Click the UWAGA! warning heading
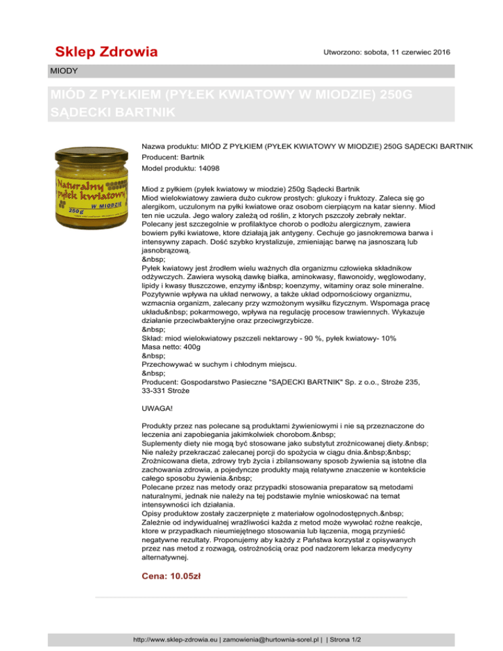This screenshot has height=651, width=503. coord(159,407)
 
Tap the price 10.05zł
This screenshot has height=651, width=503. coord(171,576)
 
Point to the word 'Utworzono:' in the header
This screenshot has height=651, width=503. coord(346,51)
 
